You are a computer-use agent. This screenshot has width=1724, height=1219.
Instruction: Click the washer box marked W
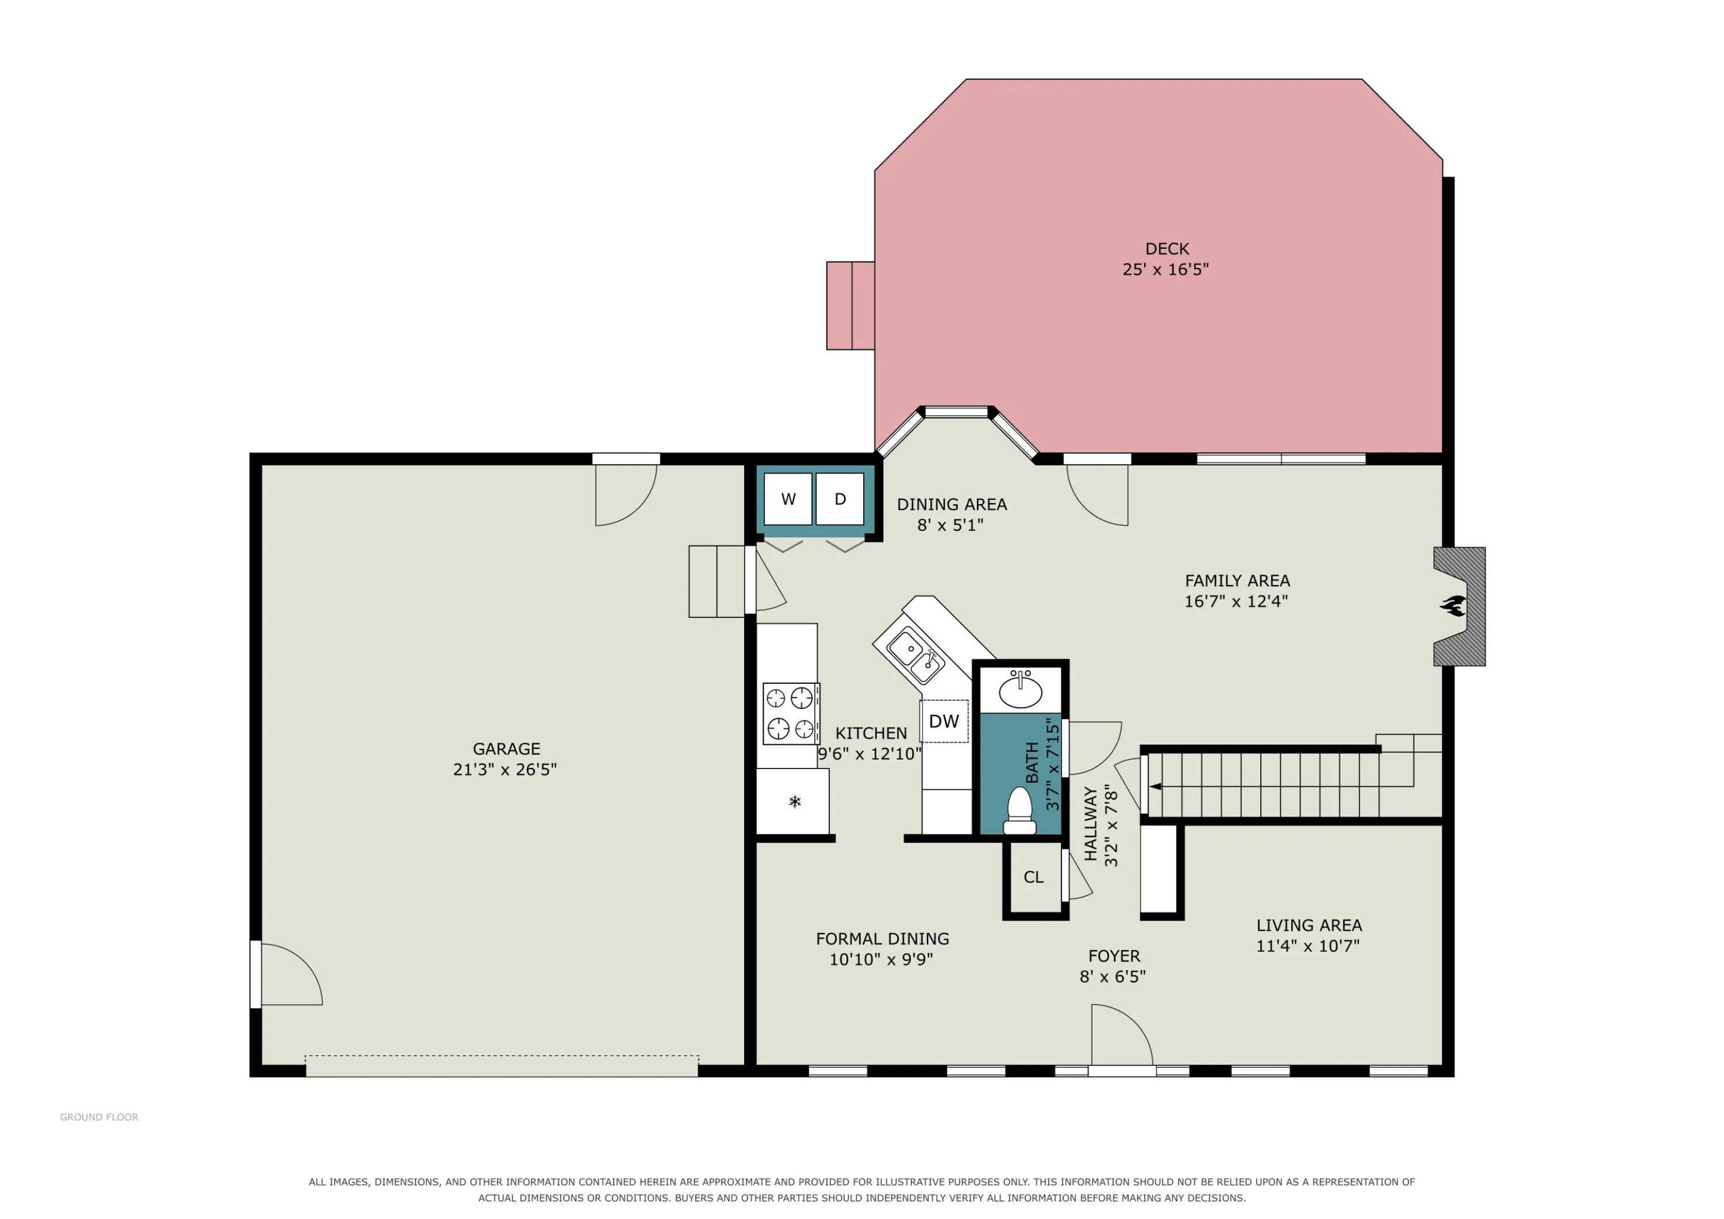click(788, 499)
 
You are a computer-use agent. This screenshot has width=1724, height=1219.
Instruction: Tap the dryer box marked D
click(840, 499)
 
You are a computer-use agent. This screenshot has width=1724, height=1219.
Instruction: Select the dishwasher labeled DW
click(944, 721)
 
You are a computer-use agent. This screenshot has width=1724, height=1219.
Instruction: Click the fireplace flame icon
click(1453, 605)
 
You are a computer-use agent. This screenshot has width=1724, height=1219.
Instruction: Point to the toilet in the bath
click(1019, 810)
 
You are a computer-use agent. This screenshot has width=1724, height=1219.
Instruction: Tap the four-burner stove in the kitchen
click(791, 713)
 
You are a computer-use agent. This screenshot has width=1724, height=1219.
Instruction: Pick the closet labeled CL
click(1034, 877)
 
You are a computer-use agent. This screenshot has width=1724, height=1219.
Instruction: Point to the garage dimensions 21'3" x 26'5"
click(505, 769)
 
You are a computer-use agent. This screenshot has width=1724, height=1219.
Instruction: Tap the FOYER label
click(1114, 956)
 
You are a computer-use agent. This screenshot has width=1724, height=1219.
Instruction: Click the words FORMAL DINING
click(882, 939)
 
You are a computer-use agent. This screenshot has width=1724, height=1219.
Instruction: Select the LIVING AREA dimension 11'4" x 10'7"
click(1308, 945)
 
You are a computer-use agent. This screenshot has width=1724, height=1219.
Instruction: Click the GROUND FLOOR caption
click(99, 1117)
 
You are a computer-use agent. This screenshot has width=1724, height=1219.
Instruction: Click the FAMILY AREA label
click(1237, 580)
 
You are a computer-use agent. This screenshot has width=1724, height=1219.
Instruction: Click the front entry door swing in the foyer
click(1122, 1035)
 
